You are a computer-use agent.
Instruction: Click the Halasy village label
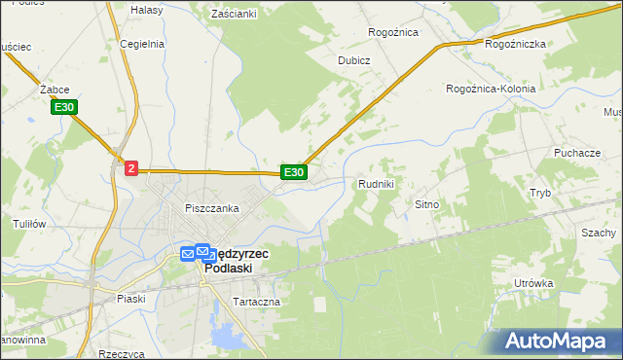(x=146, y=9)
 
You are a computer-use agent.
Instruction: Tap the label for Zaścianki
(x=234, y=14)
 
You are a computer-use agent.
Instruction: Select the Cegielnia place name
(x=142, y=44)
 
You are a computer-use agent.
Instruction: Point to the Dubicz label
(x=354, y=59)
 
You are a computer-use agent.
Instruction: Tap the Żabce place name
(x=53, y=89)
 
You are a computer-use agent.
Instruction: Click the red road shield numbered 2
(x=132, y=168)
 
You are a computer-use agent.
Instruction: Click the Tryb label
(x=540, y=193)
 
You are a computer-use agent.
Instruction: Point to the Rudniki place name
(x=376, y=183)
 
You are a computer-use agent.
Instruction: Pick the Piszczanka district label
(x=212, y=208)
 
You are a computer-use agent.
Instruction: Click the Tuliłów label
(x=29, y=223)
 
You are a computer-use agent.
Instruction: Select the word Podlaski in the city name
(x=237, y=269)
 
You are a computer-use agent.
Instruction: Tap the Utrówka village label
(x=533, y=283)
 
